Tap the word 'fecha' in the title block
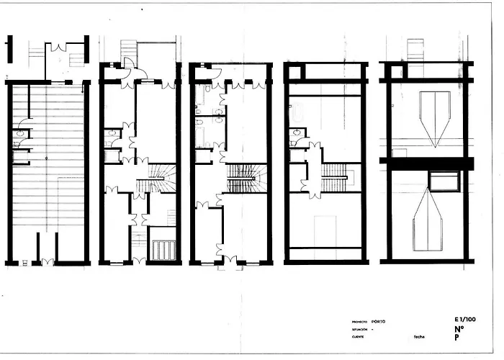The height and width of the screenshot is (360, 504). pos(420,336)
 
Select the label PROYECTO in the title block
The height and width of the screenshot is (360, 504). pos(360,322)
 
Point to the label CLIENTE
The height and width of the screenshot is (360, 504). pos(358,336)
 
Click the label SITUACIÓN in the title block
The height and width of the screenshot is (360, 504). pos(361,329)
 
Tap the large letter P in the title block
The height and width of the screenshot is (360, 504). pos(457,337)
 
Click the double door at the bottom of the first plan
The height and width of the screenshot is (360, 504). pos(48,261)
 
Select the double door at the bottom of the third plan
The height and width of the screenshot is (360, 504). pos(230,261)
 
